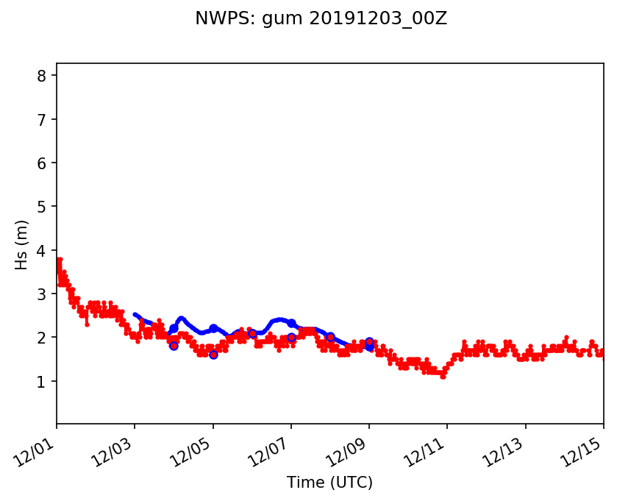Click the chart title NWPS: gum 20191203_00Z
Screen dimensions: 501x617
pos(321,18)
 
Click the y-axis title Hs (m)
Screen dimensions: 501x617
pos(22,244)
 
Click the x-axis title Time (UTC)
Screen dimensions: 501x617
pos(329,483)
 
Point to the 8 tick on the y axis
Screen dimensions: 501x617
pos(43,76)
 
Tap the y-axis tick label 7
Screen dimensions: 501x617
pos(43,119)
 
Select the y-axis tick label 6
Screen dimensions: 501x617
pos(43,163)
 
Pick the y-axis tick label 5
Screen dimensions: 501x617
pos(43,207)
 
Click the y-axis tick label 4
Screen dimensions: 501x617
pos(43,251)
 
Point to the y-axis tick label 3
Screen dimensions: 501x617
pos(43,294)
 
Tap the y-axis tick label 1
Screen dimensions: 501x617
pos(43,382)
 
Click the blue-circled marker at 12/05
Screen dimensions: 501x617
pos(213,355)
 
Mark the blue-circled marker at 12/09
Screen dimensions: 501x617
pos(369,342)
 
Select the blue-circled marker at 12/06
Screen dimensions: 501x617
pos(252,334)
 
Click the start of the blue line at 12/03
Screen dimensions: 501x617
pos(135,314)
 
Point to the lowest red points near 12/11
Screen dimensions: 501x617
pos(443,376)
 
